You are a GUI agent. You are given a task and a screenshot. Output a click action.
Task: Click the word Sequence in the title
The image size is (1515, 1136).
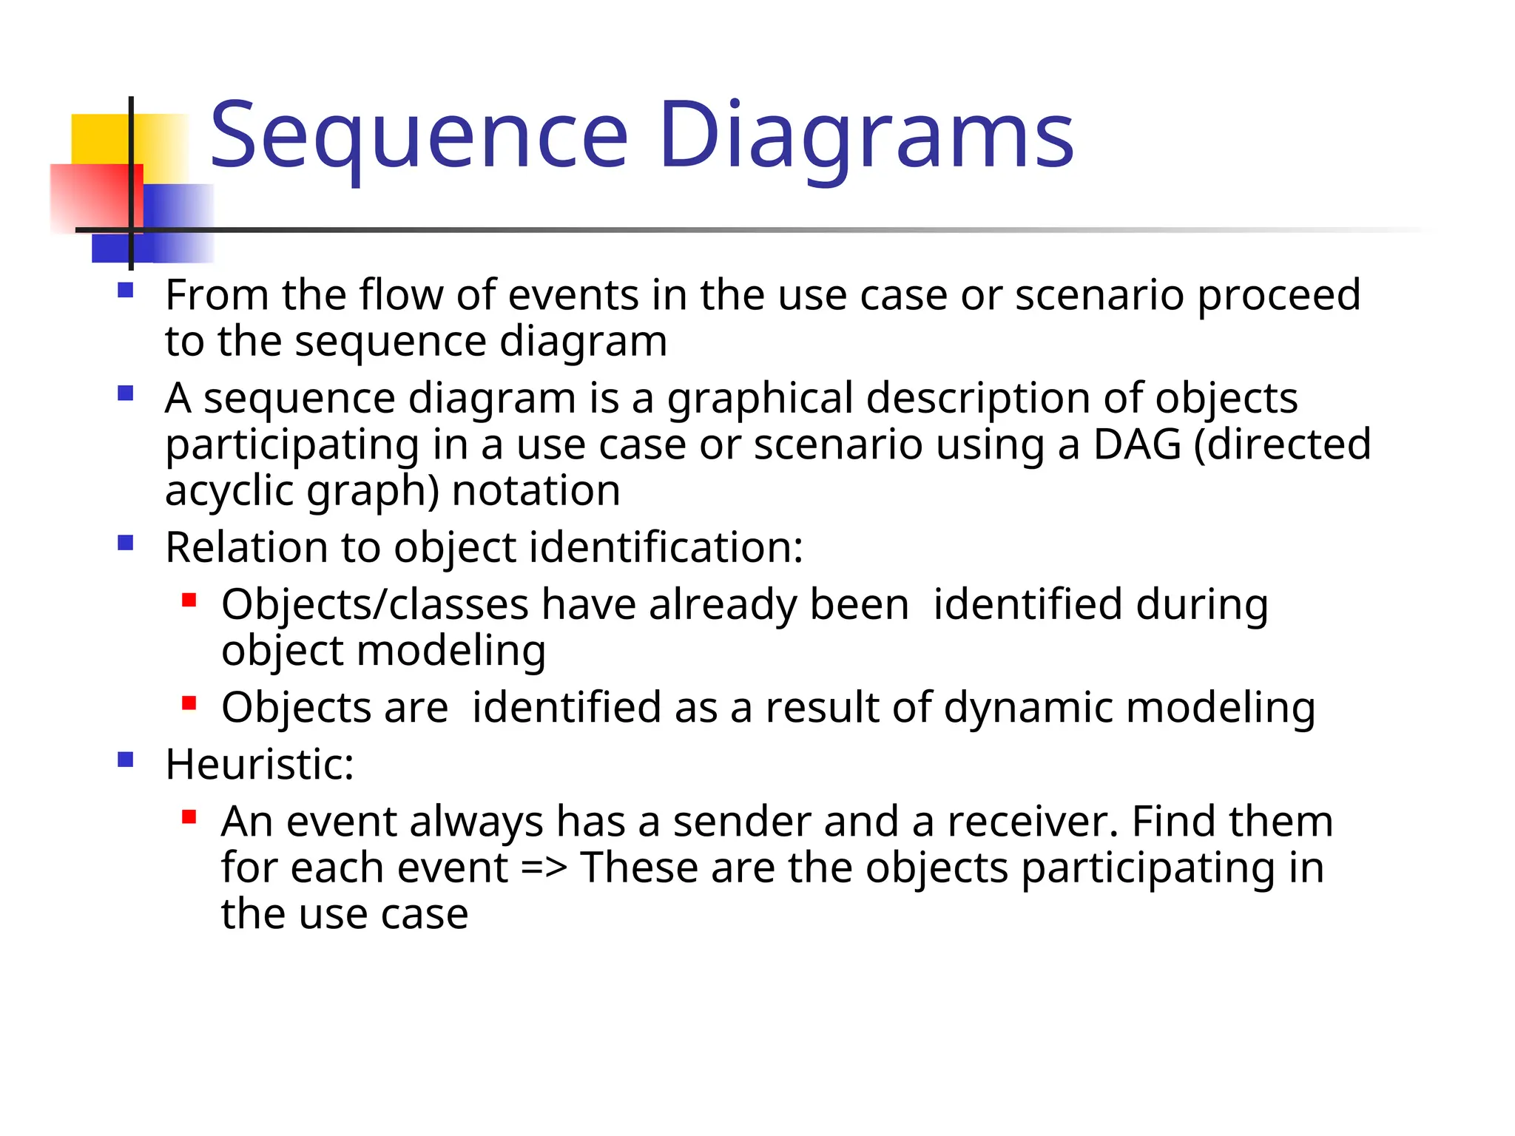click(x=419, y=137)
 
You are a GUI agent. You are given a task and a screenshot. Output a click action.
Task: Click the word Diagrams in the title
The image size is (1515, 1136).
click(x=866, y=137)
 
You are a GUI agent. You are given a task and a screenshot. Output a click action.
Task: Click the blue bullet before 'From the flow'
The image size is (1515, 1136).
click(x=126, y=290)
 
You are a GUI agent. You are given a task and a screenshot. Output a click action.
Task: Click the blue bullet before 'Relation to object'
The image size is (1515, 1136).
click(x=126, y=544)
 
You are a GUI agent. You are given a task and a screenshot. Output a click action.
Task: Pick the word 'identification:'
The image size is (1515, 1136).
click(x=666, y=548)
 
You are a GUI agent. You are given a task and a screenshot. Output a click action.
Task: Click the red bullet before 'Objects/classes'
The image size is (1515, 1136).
click(x=189, y=600)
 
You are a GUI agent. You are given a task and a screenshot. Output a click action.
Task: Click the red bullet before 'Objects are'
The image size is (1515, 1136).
click(x=189, y=703)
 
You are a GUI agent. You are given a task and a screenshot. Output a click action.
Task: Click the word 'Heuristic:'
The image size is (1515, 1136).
click(x=260, y=765)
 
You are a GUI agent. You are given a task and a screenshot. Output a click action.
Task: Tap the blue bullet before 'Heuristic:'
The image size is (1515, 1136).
click(x=126, y=760)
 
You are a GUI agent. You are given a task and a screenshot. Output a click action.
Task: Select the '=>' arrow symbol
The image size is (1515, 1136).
click(x=544, y=868)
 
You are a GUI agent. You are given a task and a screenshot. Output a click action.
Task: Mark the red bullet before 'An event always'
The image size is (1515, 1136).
click(x=189, y=817)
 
